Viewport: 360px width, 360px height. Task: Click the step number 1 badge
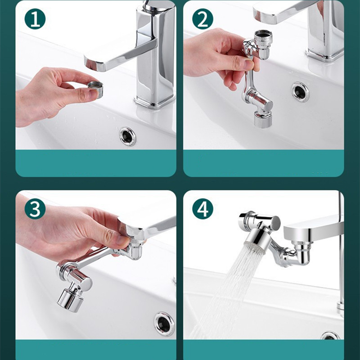[35, 19]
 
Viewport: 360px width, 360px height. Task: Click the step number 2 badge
[202, 19]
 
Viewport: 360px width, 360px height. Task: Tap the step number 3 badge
[35, 209]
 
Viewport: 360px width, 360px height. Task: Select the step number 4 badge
[202, 209]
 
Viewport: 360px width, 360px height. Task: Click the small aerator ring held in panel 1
[95, 88]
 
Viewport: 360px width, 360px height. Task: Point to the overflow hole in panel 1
[127, 137]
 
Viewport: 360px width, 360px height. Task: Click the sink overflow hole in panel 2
[300, 92]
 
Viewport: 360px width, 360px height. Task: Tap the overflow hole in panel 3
[164, 324]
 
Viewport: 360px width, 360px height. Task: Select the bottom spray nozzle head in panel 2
[263, 119]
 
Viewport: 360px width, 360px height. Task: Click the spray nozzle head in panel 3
[70, 300]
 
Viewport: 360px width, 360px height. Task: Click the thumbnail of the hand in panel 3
[123, 239]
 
